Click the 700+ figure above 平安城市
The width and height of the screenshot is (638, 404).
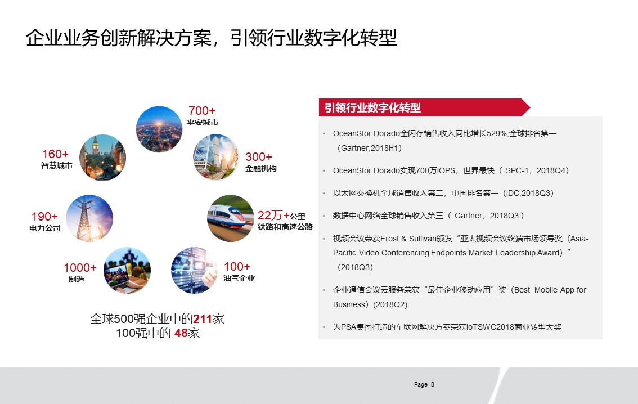pos(202,111)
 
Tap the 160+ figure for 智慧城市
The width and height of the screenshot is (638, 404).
pos(55,154)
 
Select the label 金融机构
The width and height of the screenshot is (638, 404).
pos(261,168)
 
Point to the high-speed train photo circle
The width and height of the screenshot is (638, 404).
pos(231,218)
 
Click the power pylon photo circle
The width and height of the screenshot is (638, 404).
pos(89,218)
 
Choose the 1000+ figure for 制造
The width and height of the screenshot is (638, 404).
pos(80,268)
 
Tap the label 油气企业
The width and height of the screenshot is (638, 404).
pos(239,279)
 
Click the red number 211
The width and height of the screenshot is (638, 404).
pos(203,319)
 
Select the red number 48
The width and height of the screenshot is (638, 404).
pos(181,333)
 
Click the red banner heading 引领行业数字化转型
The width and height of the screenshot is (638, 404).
pos(372,108)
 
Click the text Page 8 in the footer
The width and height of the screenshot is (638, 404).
pos(424,384)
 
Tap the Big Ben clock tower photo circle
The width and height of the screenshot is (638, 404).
pos(102,158)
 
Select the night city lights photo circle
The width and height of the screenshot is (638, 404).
pos(159,129)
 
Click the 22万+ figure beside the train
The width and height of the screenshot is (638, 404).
pos(273,215)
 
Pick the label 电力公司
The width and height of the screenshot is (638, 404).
pos(45,228)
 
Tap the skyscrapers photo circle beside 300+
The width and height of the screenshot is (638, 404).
pos(215,158)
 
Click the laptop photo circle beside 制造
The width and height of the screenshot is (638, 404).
pos(127,270)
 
